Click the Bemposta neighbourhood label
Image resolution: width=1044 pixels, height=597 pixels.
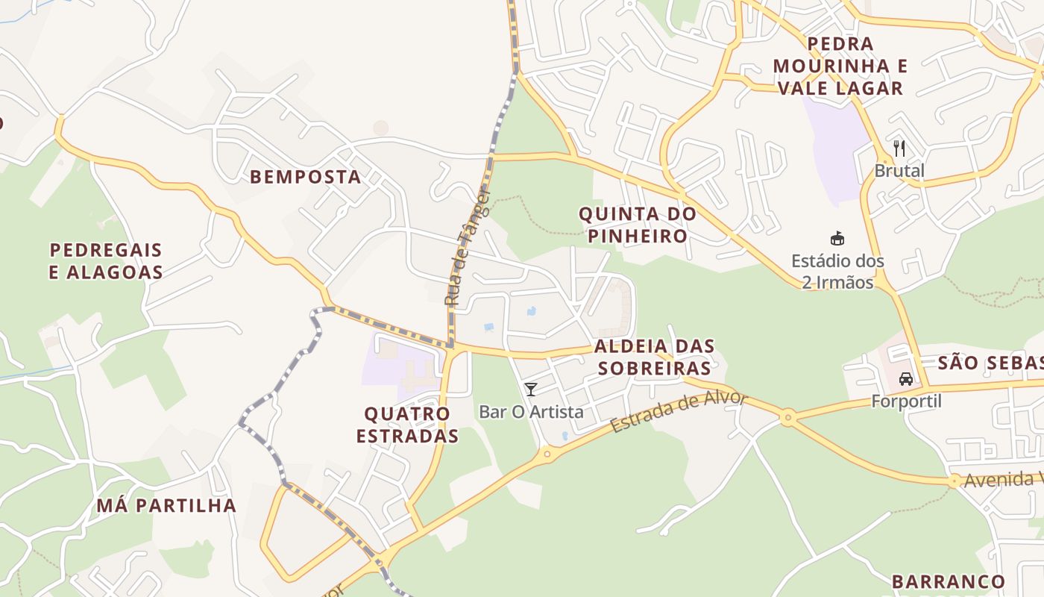coord(305,177)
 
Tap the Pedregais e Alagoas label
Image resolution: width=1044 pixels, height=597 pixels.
coord(106,260)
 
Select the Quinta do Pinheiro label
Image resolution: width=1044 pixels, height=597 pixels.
coord(638,225)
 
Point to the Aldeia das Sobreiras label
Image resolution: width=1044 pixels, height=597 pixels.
coord(654,357)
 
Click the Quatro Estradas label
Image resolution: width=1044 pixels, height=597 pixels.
coord(407,425)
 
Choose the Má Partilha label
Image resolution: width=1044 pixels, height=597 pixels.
coord(166,505)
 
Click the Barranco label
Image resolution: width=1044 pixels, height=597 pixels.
coord(949,581)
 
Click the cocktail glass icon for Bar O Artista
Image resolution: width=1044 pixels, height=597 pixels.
coord(531,389)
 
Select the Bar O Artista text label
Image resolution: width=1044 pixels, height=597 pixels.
coord(531,411)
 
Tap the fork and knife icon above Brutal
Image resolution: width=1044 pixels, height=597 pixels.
coord(899,148)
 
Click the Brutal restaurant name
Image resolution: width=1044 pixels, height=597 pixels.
coord(899,171)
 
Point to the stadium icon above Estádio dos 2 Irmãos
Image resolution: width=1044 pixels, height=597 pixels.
coord(837,239)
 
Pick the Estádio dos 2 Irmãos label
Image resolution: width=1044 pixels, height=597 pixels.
coord(837,272)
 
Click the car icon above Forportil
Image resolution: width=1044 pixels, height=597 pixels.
coord(906,378)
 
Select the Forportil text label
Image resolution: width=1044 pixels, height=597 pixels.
coord(906,401)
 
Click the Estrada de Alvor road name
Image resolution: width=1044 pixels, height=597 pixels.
coord(679,411)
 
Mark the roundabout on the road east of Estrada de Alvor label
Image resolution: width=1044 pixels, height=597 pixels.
coord(787,417)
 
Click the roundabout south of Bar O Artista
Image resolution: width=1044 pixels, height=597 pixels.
coord(547,453)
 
